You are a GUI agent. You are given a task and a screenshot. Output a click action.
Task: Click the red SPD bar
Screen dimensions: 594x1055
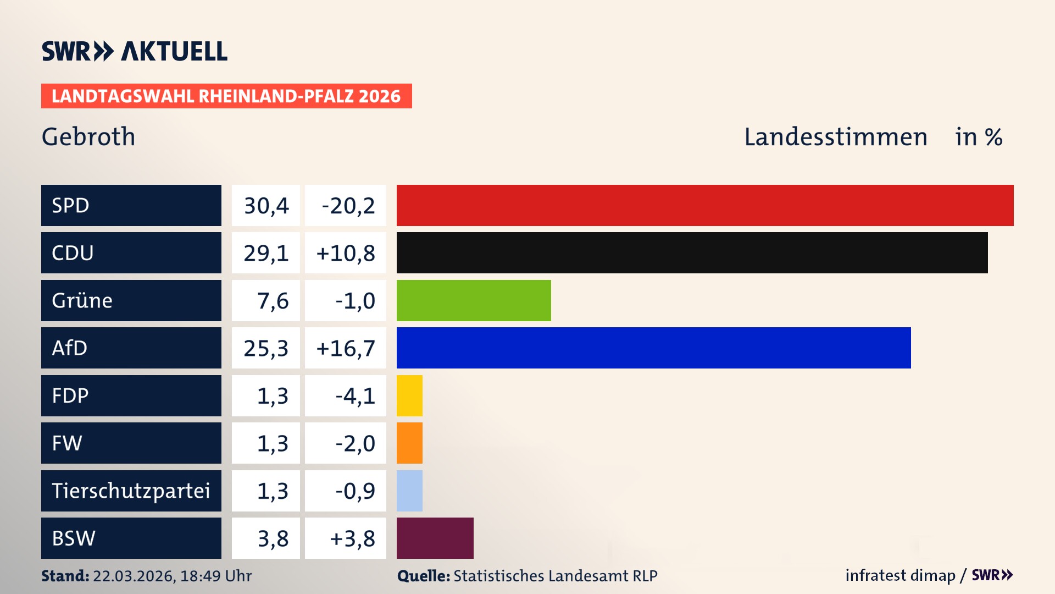pos(705,205)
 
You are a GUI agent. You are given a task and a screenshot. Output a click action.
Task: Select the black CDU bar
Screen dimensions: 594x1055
pos(692,253)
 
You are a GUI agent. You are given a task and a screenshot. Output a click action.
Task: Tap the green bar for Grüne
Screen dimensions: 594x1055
pos(474,300)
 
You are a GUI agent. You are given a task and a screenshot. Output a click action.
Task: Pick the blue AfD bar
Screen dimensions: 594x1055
pos(653,348)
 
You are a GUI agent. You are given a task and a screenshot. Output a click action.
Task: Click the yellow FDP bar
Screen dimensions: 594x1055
pos(409,395)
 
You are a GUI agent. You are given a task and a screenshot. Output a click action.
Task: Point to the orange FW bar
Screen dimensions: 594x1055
pos(409,443)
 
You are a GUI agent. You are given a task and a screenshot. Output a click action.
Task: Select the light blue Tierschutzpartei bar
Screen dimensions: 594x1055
pos(409,491)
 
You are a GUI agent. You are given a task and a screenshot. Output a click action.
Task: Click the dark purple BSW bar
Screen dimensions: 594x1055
pos(435,538)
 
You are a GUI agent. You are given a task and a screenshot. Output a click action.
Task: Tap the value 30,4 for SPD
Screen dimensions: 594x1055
pos(266,206)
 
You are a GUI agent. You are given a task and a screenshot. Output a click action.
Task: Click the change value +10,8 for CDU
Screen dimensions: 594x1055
pos(346,253)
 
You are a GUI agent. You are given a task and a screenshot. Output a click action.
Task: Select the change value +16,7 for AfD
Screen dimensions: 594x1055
pos(346,348)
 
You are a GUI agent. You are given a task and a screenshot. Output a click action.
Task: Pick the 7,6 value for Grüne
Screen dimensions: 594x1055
pos(273,301)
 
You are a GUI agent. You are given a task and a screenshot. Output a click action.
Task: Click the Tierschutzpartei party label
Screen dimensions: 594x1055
pos(131,491)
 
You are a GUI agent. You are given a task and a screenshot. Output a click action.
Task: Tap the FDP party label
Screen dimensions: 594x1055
pos(70,395)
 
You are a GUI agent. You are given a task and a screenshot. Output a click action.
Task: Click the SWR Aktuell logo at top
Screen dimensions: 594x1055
pos(135,51)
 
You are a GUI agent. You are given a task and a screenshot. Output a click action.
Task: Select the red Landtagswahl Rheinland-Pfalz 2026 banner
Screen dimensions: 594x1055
pos(226,96)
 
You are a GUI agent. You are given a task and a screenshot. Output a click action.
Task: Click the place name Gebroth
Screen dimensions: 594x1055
pos(88,136)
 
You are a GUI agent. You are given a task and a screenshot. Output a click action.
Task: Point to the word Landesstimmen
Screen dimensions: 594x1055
pos(835,137)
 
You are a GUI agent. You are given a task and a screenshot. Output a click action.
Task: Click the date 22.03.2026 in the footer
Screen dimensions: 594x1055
pos(134,576)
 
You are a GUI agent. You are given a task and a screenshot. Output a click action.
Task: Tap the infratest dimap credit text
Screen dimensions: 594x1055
pos(900,575)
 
